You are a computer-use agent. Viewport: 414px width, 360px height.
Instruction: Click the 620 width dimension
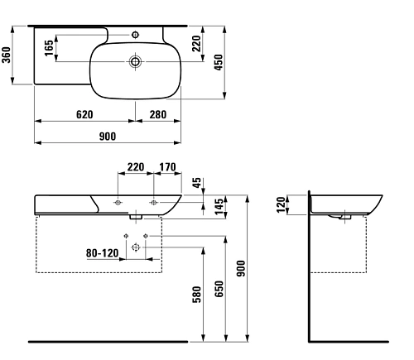pos(75,114)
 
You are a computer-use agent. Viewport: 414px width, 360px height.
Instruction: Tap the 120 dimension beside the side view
pos(281,205)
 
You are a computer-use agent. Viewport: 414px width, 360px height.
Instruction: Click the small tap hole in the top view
pos(137,35)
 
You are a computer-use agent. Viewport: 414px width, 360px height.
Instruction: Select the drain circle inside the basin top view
pos(136,60)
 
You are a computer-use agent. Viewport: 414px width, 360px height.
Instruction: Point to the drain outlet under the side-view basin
pos(341,218)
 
